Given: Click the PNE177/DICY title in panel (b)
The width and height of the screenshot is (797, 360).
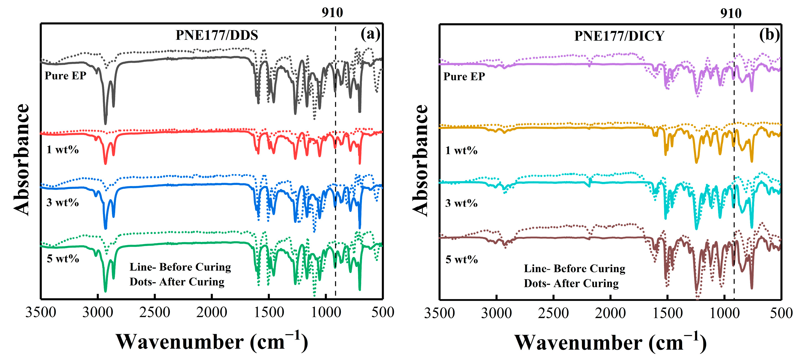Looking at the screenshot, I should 619,36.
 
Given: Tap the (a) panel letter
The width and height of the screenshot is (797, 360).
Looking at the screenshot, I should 370,34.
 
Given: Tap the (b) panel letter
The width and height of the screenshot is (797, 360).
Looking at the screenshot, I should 769,35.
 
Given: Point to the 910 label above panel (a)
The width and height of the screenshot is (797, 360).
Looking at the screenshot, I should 332,13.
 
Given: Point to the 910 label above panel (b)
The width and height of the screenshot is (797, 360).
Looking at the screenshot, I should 731,13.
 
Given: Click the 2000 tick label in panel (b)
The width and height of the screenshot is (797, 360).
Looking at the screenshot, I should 610,313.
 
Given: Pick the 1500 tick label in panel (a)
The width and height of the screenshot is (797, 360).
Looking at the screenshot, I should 269,312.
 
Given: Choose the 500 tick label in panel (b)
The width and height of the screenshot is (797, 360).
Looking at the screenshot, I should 781,313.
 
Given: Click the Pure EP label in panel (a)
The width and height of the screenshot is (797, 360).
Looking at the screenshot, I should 65,76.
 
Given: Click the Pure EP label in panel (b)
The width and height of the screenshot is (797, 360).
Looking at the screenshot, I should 464,76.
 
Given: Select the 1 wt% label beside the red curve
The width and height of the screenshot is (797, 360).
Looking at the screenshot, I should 63,150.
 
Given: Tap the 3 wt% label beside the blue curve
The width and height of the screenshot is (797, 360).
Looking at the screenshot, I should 63,203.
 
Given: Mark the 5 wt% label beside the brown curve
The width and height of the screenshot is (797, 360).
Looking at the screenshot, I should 461,259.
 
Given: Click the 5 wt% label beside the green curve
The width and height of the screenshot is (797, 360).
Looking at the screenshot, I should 63,259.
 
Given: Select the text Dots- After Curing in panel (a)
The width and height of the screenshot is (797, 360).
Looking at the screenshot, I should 177,282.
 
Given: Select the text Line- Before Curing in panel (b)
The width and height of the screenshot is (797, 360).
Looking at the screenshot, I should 574,268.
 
